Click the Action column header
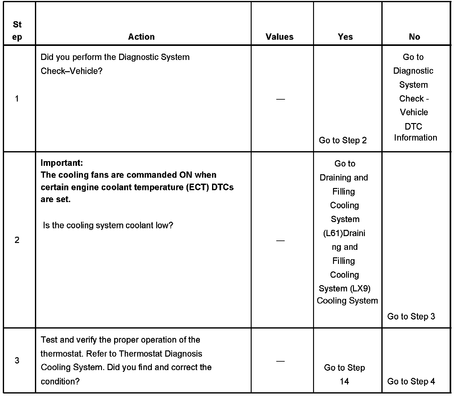(141, 37)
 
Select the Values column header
(279, 37)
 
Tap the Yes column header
(345, 37)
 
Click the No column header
(414, 37)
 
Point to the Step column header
(17, 31)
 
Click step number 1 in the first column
(17, 99)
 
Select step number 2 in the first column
(17, 240)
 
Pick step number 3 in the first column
(17, 360)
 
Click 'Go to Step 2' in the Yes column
(343, 140)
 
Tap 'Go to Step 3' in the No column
(411, 316)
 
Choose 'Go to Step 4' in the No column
(411, 381)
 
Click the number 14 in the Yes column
(344, 381)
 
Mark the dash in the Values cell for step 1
(280, 99)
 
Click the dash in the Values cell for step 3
(280, 361)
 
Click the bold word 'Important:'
(62, 163)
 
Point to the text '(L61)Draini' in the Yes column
(344, 233)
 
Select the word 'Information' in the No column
(415, 138)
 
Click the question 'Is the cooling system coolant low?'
(108, 225)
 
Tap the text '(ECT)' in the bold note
(197, 187)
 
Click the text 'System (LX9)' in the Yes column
(345, 289)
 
